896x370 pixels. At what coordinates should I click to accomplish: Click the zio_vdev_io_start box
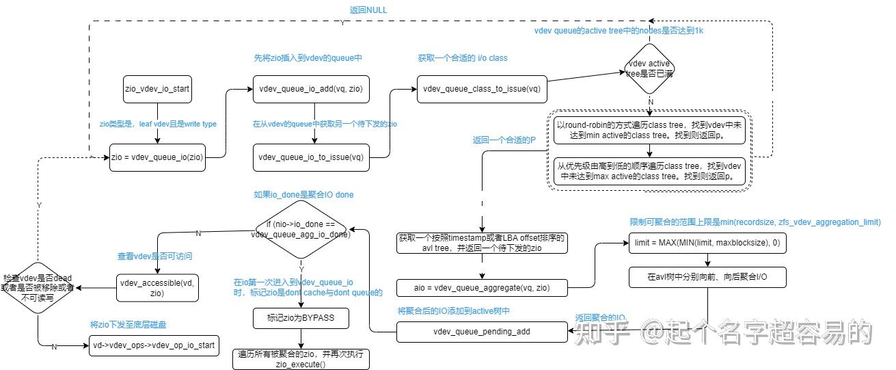[x=157, y=88]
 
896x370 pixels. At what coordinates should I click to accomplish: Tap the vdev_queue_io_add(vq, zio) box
[x=311, y=88]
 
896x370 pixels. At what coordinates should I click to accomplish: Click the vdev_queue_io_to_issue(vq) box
[x=311, y=157]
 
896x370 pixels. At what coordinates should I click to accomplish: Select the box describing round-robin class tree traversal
[x=649, y=131]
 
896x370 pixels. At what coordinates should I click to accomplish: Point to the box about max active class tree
[x=649, y=170]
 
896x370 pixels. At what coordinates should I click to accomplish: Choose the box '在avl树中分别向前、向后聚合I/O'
[x=707, y=277]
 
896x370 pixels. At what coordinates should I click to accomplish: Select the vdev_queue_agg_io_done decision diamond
[x=301, y=229]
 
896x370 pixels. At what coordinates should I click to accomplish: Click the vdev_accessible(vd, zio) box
[x=157, y=288]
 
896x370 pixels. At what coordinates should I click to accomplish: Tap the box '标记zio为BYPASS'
[x=301, y=319]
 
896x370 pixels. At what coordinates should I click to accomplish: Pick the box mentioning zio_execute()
[x=301, y=359]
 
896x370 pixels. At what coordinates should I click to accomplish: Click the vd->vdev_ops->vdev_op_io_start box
[x=154, y=345]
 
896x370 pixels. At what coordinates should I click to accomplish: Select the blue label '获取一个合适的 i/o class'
[x=463, y=58]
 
